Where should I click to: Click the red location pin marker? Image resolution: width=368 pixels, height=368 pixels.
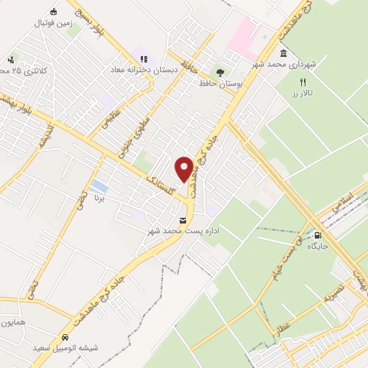click(x=185, y=169)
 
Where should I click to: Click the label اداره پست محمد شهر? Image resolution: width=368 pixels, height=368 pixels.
click(x=183, y=231)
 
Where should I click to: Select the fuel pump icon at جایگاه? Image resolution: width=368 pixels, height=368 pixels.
click(x=318, y=234)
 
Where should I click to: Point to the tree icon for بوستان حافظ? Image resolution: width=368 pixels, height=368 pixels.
click(x=220, y=73)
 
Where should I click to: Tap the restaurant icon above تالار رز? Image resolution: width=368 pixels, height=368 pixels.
click(x=303, y=83)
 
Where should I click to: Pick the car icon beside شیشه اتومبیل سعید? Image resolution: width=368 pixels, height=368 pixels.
click(x=65, y=336)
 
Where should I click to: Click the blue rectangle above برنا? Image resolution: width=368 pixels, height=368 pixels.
click(x=100, y=187)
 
